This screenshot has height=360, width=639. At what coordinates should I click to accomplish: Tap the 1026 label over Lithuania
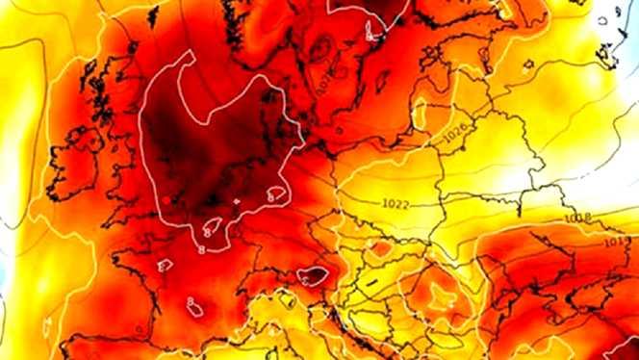pos(455,137)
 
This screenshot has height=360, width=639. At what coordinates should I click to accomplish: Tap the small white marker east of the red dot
pos(237,201)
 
